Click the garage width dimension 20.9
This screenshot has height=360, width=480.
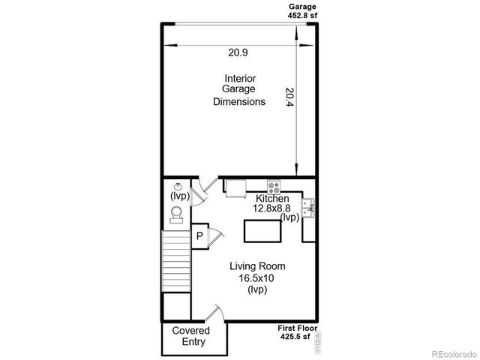[238, 52]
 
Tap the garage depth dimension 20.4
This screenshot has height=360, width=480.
[289, 98]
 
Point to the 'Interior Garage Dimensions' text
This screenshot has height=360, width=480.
[239, 90]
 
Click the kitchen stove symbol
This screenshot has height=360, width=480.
[274, 187]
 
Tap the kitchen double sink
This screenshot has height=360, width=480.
[307, 205]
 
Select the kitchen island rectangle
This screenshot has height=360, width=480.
[261, 232]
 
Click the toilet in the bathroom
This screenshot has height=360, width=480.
[177, 216]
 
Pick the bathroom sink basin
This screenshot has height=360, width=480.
[178, 187]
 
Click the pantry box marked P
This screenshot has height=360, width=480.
[199, 236]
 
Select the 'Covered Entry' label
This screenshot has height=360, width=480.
[190, 337]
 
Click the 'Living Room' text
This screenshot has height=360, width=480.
[257, 266]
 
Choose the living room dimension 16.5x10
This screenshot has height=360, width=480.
[257, 278]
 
